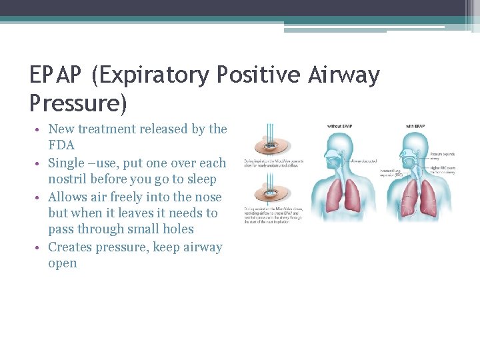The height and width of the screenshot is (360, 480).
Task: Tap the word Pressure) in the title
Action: [x=78, y=103]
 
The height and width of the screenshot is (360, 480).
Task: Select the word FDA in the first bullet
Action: [x=61, y=145]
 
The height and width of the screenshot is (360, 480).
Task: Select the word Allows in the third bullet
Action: [x=69, y=197]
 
